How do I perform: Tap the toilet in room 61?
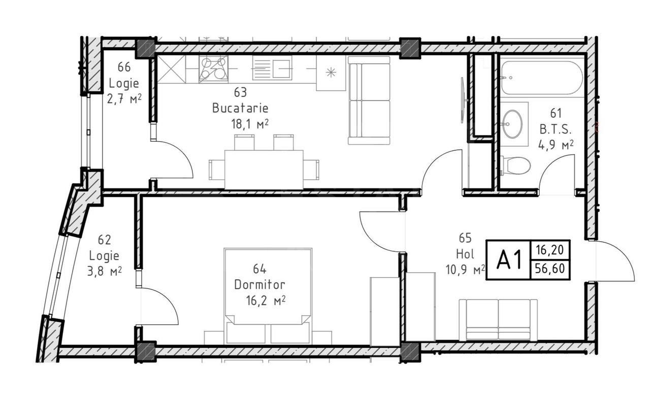pos(516,166)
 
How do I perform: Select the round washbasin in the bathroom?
pos(512,123)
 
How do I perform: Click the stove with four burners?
pos(213,69)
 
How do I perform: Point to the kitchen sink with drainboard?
pos(272,69)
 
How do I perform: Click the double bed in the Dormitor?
pos(268,294)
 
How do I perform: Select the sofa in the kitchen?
pos(369,100)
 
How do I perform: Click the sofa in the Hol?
pos(498,319)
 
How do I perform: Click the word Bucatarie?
pos(240,108)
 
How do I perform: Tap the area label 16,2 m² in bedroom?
pos(265,301)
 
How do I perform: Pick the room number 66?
pos(124,67)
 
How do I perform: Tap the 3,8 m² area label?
pos(104,272)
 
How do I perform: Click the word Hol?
pos(465,253)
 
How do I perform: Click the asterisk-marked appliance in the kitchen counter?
pos(331,73)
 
